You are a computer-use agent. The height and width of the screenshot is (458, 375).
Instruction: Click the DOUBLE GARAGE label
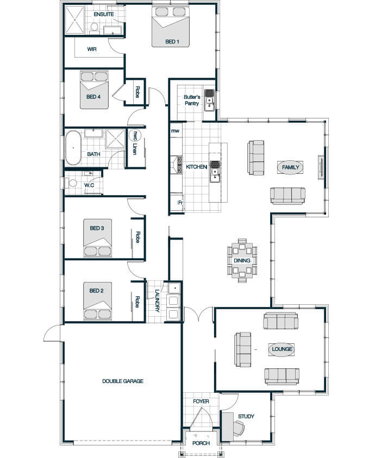tap(123, 381)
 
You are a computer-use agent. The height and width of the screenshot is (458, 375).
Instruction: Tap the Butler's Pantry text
tap(192, 100)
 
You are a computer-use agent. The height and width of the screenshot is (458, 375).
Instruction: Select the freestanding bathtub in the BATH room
tap(73, 148)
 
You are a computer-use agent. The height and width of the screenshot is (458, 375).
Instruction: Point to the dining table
tap(242, 260)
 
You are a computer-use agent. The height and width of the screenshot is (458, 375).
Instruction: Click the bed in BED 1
tap(171, 27)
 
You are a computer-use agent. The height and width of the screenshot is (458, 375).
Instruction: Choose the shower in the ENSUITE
tap(74, 20)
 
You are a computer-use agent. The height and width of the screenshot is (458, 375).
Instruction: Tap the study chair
tap(239, 429)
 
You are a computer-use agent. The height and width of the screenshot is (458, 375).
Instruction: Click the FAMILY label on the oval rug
tap(290, 167)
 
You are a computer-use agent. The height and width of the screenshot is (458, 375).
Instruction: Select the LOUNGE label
tap(282, 349)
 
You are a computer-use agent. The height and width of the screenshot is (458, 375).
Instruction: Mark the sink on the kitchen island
tap(215, 171)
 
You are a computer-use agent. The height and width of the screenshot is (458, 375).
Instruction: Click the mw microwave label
tap(175, 131)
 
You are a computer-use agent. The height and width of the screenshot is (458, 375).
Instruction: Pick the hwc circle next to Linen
tap(135, 136)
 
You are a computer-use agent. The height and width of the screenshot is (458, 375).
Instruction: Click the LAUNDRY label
tap(157, 301)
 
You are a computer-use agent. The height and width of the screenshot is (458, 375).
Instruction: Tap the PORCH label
tap(201, 443)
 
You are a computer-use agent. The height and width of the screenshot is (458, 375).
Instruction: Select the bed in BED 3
tap(98, 237)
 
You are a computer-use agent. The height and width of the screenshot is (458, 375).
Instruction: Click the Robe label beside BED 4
tap(137, 92)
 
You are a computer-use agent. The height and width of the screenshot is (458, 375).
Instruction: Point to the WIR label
tap(92, 49)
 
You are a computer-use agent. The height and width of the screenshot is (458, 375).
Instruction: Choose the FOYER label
tap(201, 401)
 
